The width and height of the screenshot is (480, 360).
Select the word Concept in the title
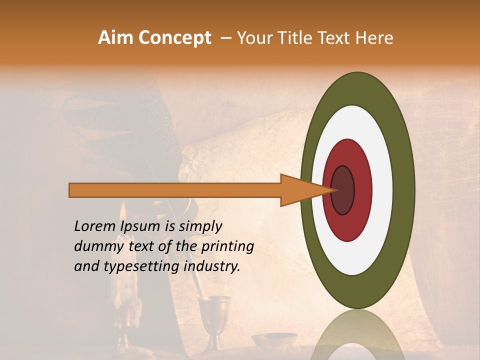point(174,38)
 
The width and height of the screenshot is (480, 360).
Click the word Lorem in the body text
point(94,226)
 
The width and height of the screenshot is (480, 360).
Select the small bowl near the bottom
point(274,340)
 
